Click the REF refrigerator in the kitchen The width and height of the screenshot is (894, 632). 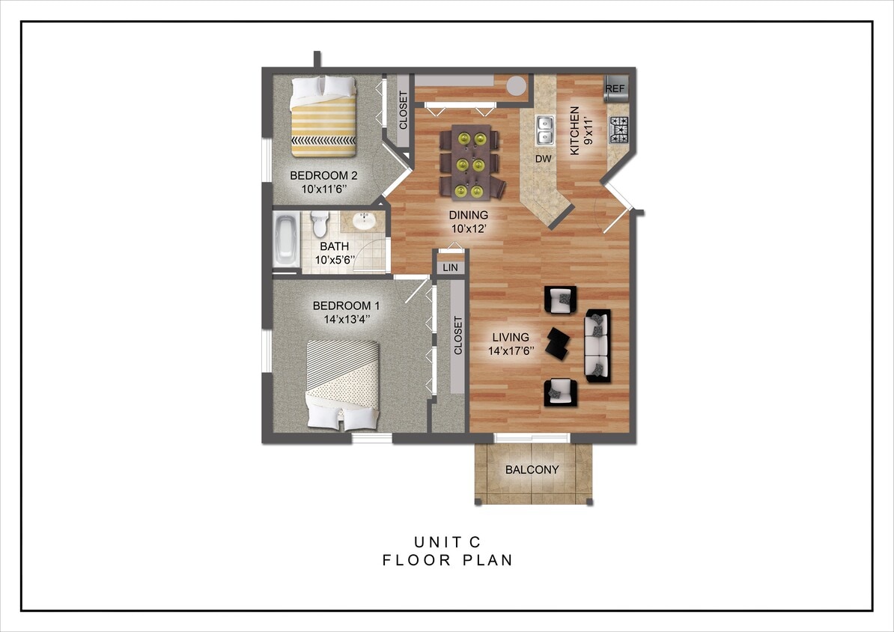pyautogui.click(x=615, y=88)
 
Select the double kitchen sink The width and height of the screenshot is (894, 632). pyautogui.click(x=544, y=130)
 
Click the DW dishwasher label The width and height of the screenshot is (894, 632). pyautogui.click(x=543, y=159)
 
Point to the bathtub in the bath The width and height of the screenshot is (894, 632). pyautogui.click(x=285, y=240)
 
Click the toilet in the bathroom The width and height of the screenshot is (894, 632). pyautogui.click(x=320, y=224)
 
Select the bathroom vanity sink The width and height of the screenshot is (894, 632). pyautogui.click(x=365, y=222)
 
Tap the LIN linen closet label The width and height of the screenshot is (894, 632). pyautogui.click(x=450, y=267)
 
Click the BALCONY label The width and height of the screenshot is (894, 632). pyautogui.click(x=532, y=470)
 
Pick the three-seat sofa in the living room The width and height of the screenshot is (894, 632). pyautogui.click(x=597, y=345)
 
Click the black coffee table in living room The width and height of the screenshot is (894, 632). pyautogui.click(x=558, y=344)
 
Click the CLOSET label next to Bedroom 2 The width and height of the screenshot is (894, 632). pyautogui.click(x=403, y=110)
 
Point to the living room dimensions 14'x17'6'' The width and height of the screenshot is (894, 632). pyautogui.click(x=512, y=350)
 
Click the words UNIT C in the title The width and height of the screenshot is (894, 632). pyautogui.click(x=448, y=542)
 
